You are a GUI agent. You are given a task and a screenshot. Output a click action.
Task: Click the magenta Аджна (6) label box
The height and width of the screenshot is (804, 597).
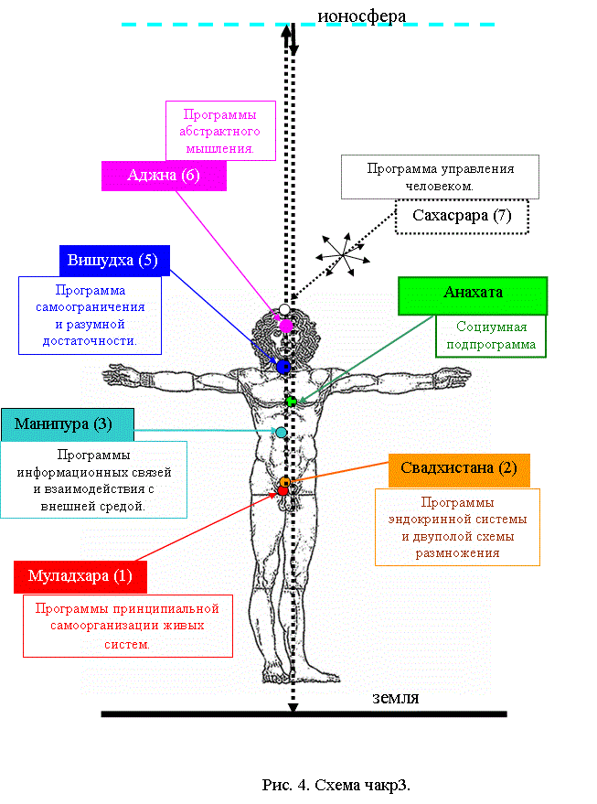pos(164,176)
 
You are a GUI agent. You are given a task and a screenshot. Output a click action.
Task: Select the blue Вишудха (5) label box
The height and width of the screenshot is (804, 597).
pos(114,261)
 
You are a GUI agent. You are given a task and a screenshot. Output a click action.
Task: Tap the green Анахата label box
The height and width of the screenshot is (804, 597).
pos(473,295)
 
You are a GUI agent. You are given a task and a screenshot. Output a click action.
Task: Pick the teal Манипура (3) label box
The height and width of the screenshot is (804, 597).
pos(68,424)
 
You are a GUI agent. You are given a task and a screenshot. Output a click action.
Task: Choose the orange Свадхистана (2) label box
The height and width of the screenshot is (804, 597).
pos(459,470)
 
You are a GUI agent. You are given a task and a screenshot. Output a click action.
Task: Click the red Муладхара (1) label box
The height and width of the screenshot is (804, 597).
pos(80,577)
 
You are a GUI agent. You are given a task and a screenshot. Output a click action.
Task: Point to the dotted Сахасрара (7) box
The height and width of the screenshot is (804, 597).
pos(462,217)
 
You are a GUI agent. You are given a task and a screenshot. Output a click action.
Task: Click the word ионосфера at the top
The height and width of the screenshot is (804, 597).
pos(362,16)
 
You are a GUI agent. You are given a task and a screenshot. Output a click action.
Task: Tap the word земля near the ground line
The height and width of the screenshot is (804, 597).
pos(395,698)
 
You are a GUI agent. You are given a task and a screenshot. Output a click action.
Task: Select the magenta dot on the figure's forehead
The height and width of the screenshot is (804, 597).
pos(285,326)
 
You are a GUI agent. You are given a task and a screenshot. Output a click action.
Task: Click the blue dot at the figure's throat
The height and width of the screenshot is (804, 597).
pos(283,367)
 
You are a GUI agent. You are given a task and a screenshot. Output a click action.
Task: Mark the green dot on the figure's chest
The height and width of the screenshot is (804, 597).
pos(291,402)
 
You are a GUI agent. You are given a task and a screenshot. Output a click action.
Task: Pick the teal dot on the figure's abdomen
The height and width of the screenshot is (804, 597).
pos(282,433)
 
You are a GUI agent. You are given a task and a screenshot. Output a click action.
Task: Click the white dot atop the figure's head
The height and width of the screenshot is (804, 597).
pos(284,309)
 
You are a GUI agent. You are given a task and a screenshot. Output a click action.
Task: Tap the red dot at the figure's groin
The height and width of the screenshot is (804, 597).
pos(283,490)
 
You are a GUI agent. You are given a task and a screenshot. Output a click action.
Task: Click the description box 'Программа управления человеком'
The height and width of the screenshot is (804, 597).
pos(440,177)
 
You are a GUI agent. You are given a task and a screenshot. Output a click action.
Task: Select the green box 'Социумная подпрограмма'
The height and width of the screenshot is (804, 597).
pos(491,336)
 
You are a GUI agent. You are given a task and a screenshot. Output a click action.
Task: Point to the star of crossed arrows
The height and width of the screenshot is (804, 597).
pos(342,254)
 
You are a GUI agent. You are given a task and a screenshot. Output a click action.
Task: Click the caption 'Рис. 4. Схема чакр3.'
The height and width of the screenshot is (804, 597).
pos(336,785)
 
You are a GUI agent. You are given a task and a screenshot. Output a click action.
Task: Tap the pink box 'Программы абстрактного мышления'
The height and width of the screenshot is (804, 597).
pos(220,131)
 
